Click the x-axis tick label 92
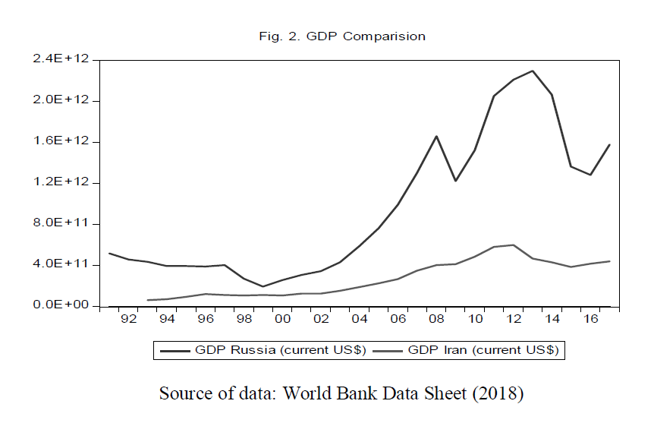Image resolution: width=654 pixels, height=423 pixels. pyautogui.click(x=128, y=320)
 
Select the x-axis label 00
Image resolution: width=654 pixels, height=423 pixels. pyautogui.click(x=282, y=320)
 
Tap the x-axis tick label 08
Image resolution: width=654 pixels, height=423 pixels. pyautogui.click(x=437, y=320)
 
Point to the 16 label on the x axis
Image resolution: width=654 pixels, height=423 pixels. pyautogui.click(x=591, y=320)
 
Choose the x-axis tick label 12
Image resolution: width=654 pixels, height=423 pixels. pyautogui.click(x=514, y=320)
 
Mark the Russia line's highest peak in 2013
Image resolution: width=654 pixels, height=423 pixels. pyautogui.click(x=533, y=71)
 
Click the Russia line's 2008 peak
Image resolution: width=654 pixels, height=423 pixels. pyautogui.click(x=437, y=136)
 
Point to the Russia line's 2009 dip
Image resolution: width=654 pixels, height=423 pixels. pyautogui.click(x=456, y=181)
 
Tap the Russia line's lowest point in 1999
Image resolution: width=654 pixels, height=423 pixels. pyautogui.click(x=263, y=286)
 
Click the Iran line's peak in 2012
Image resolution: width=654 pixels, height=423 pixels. pyautogui.click(x=514, y=245)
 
